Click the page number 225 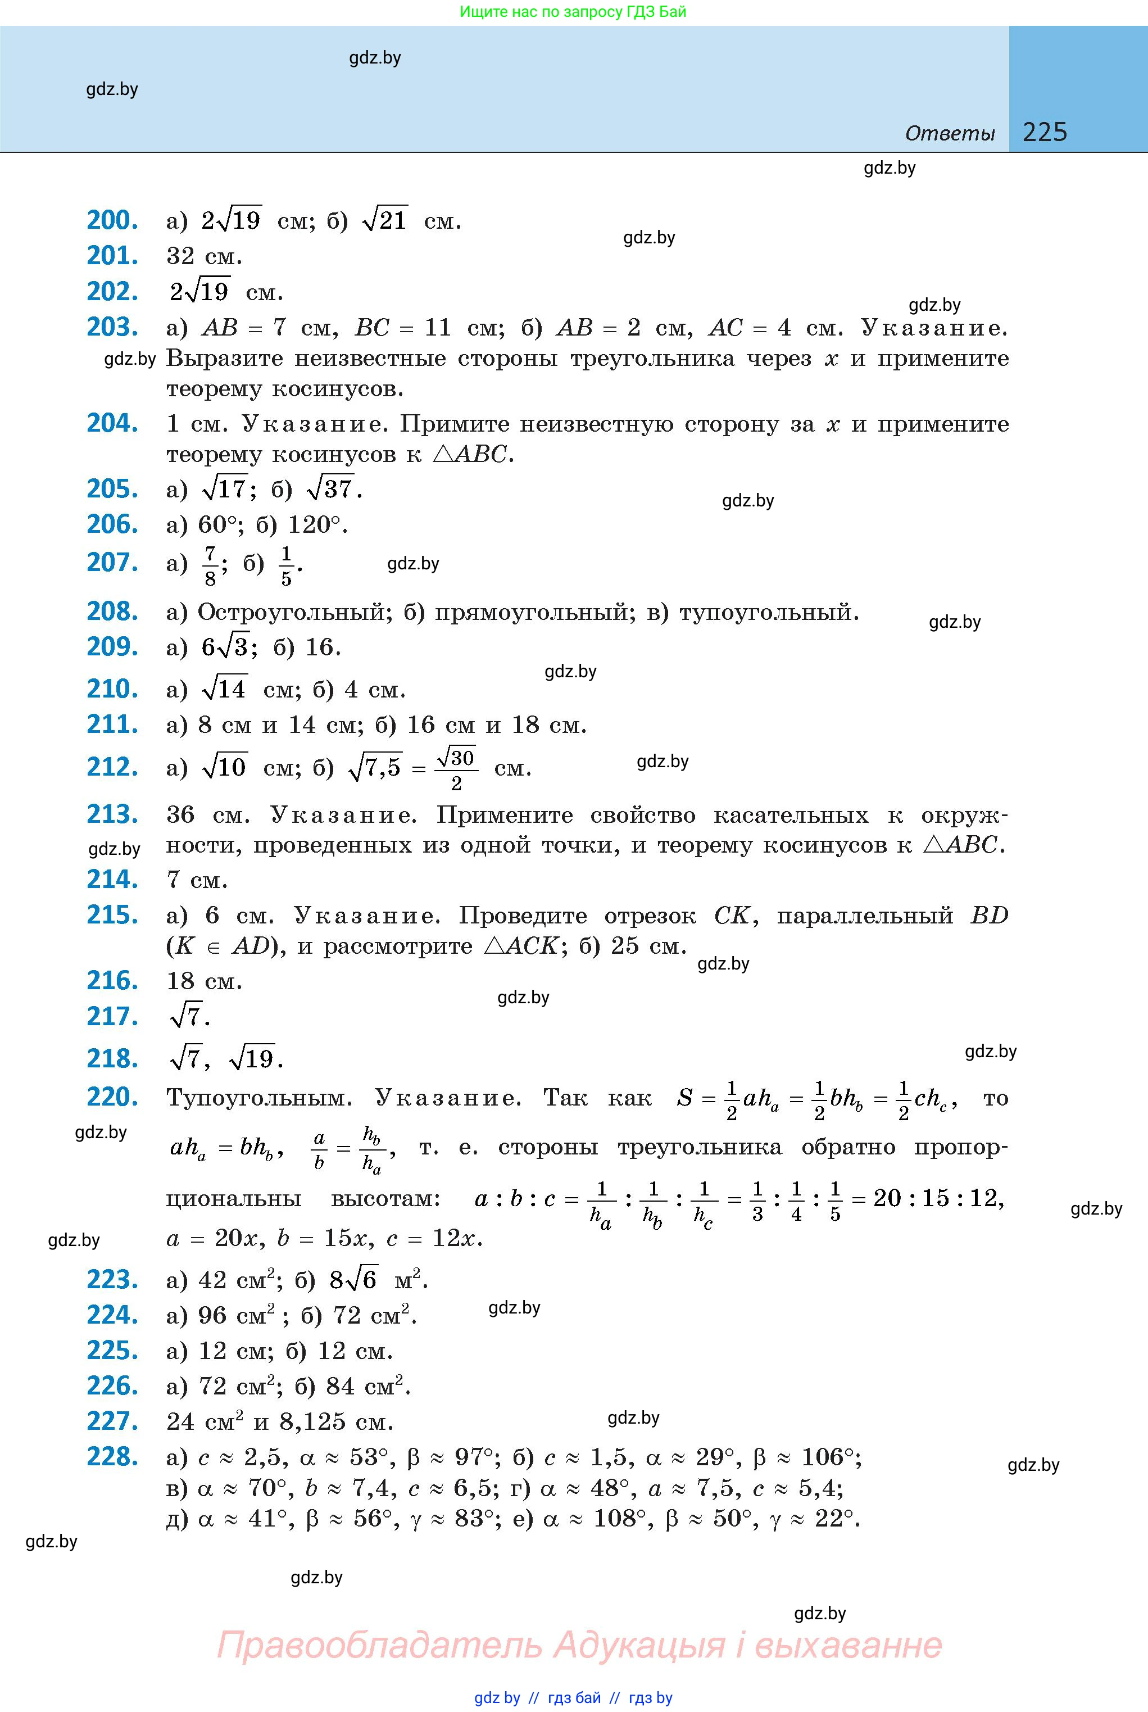coord(1045,132)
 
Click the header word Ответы coord(950,133)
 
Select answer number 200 coord(112,220)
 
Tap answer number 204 coord(112,423)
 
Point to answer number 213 coord(112,813)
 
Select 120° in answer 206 coord(314,524)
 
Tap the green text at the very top coord(573,12)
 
